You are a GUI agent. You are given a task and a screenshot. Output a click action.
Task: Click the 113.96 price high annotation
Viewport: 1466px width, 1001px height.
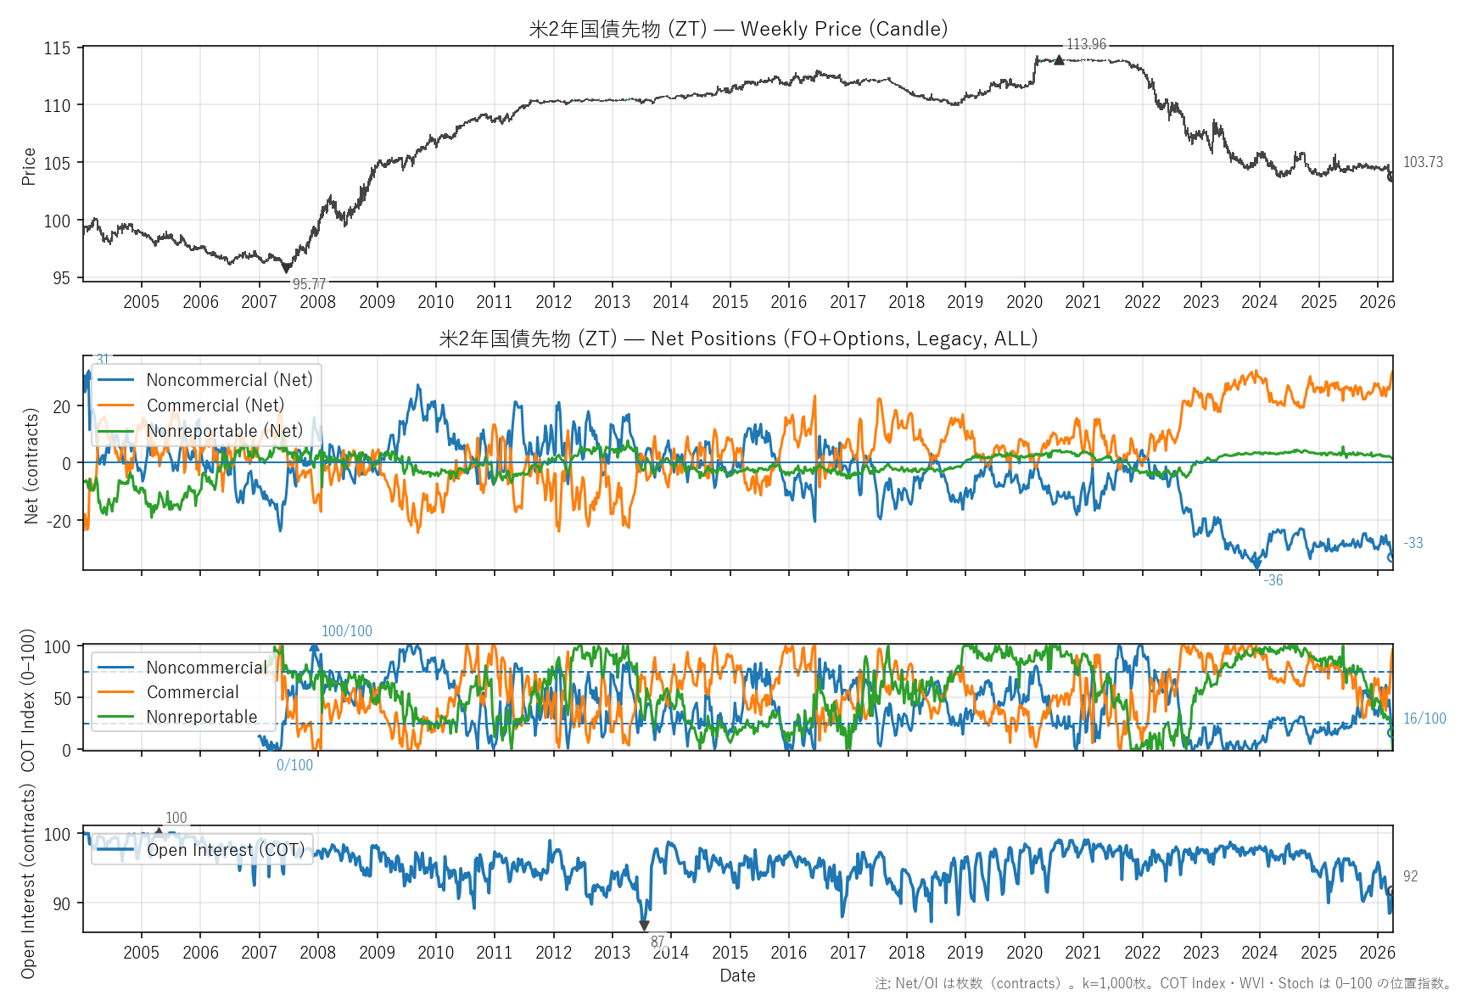coord(1086,44)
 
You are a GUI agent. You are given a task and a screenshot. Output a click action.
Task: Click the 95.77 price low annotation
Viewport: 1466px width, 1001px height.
coord(309,284)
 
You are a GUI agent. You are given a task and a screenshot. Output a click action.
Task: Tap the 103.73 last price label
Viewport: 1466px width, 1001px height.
coord(1423,162)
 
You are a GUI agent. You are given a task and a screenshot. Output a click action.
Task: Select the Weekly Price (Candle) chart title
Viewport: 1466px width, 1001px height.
coord(738,29)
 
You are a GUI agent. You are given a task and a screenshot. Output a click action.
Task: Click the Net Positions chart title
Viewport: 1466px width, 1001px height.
coord(738,338)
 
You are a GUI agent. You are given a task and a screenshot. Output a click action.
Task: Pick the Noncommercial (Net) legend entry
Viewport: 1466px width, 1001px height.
coord(229,380)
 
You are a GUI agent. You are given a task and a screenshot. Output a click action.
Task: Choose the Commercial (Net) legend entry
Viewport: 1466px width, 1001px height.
coord(215,405)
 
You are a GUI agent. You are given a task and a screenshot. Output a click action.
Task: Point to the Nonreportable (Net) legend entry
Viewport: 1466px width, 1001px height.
coord(224,431)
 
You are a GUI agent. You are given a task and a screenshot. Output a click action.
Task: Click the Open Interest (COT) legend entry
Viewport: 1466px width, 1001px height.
coord(225,850)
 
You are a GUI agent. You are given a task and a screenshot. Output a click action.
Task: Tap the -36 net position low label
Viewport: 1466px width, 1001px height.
coord(1273,580)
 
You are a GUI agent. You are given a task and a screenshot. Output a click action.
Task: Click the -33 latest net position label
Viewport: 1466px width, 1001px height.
coord(1413,543)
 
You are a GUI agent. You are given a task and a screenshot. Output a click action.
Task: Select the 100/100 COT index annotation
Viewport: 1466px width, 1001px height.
coord(346,631)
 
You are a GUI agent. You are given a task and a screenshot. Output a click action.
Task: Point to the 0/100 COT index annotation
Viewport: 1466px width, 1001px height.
coord(294,765)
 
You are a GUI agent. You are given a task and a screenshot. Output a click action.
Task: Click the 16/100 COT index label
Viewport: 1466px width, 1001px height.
coord(1424,719)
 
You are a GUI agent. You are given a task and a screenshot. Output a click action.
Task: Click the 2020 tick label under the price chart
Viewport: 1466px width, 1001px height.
coord(1024,302)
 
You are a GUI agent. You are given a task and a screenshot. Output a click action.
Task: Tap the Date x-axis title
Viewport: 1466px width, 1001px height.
coord(737,976)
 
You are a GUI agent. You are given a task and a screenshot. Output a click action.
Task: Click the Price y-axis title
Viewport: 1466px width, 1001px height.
coord(29,166)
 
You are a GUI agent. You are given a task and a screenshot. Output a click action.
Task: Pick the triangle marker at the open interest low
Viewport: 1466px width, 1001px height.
coord(644,926)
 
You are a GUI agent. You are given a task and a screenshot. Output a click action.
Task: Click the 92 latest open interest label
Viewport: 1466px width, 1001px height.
coord(1410,876)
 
